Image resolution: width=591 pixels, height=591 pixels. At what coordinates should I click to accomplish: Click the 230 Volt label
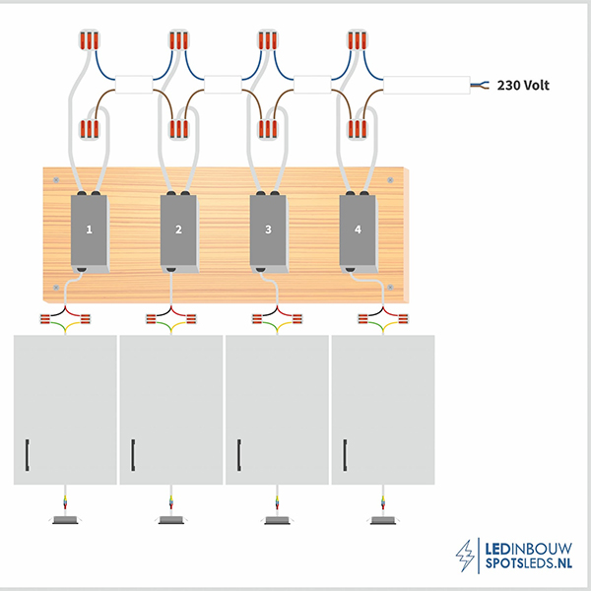523,86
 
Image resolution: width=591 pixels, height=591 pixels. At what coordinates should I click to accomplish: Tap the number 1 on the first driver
90,230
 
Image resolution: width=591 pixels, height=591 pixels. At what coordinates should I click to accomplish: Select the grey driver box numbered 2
179,233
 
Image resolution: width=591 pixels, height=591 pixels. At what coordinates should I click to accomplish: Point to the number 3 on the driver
268,230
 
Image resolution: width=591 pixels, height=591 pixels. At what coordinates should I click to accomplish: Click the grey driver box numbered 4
359,233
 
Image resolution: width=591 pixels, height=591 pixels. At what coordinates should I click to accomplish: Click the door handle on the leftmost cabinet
28,455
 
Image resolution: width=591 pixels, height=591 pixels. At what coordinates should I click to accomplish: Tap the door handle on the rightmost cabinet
345,455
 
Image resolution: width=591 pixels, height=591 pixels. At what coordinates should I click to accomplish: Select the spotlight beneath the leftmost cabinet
65,520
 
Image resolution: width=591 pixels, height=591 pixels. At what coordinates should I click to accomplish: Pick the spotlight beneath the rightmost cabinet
383,520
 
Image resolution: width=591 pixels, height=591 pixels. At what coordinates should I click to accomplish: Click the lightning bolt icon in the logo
465,556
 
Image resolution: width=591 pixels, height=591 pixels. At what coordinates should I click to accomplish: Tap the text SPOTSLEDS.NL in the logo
528,563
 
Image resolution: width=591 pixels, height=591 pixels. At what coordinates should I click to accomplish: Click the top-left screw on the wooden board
56,180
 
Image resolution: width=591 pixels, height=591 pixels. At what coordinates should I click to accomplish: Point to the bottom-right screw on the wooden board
390,288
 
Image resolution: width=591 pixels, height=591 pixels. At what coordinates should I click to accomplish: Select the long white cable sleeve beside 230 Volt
427,85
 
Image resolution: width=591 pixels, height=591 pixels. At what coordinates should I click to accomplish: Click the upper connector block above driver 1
90,40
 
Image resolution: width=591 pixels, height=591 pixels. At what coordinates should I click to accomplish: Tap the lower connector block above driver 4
358,129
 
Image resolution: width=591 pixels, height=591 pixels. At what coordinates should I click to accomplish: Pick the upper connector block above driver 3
268,40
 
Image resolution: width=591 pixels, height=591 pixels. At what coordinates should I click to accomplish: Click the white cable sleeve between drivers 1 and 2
134,85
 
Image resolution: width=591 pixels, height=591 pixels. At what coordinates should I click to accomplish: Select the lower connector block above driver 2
179,129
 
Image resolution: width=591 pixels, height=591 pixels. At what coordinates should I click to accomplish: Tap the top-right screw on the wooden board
390,180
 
